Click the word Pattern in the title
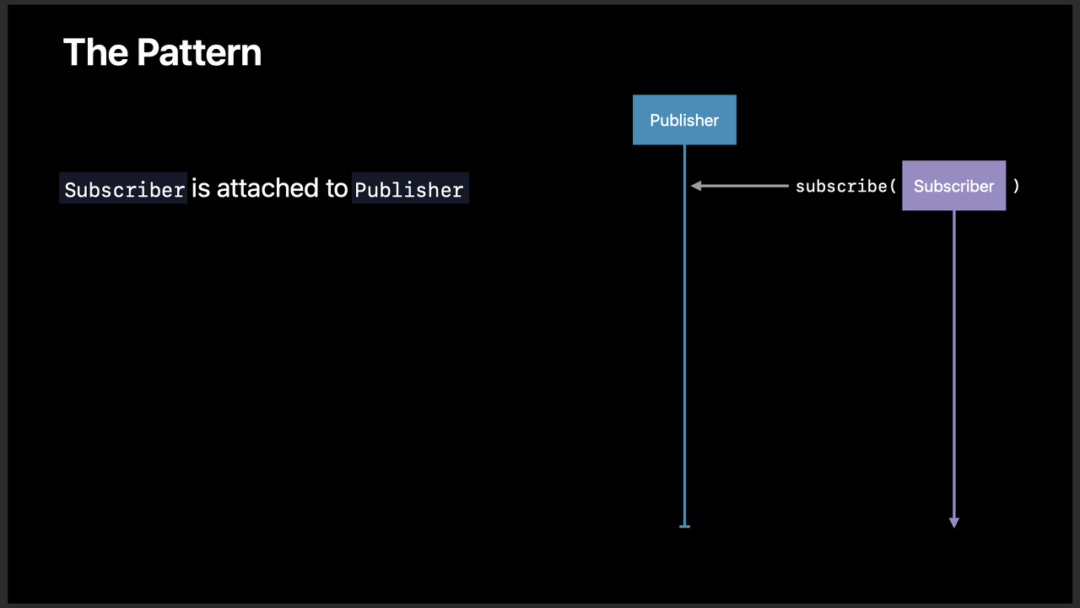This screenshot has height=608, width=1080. point(199,52)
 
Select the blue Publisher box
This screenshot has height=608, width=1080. point(684,120)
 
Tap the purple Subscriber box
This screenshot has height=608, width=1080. point(953,186)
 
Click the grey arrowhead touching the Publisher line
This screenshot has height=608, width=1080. point(696,186)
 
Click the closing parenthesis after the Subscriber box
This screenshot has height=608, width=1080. point(1016,186)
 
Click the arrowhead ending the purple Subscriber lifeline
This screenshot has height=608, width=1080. point(954,523)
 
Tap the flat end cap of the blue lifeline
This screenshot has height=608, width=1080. point(684,526)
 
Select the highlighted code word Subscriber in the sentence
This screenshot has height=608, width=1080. point(124,189)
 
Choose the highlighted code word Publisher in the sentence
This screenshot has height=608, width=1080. point(409,189)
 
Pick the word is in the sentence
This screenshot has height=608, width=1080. point(201,188)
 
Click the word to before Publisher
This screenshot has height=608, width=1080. point(337,188)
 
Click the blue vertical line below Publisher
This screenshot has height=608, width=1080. point(684,338)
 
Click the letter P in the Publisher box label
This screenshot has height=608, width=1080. point(655,120)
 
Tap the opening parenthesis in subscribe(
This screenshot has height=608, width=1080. point(893,186)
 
